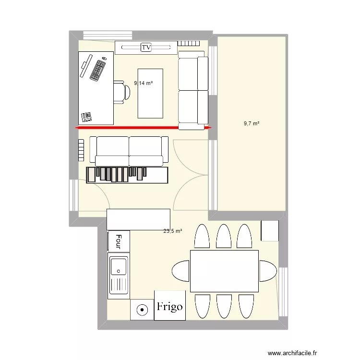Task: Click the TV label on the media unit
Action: pos(145,47)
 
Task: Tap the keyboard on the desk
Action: pos(98,70)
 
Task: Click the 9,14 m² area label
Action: pos(144,83)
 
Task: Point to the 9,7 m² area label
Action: pos(252,123)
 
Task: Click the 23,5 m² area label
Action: pos(173,231)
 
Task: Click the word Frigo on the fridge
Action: pos(170,306)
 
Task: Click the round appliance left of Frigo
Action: pos(142,310)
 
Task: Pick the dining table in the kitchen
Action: pos(224,271)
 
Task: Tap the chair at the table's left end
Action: pos(181,271)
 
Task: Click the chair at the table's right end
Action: pos(268,271)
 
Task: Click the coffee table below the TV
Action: pos(150,93)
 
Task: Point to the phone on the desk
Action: pos(86,116)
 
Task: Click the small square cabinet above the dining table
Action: pos(270,230)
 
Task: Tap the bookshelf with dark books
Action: pos(127,175)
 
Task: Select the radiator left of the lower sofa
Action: pos(81,150)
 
